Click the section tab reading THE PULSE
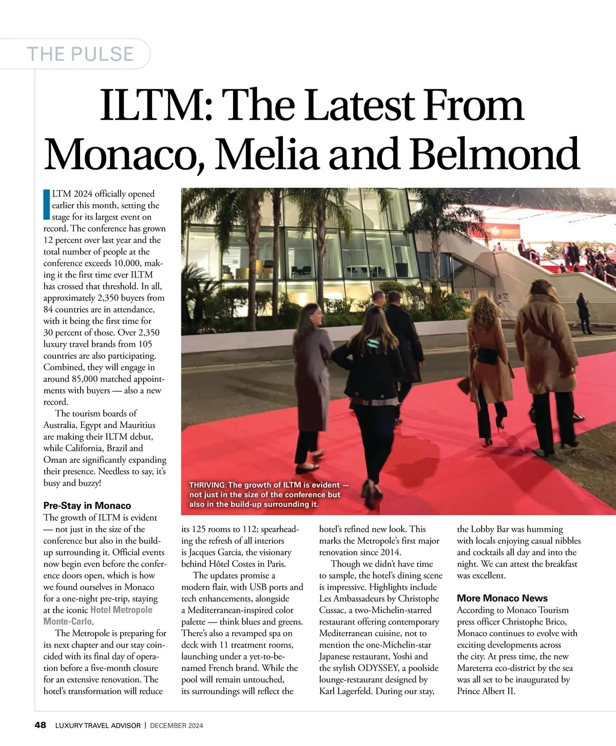tap(80, 54)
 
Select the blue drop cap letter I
tap(47, 205)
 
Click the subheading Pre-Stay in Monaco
tap(87, 506)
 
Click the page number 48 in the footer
tap(40, 725)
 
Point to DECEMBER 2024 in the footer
tap(176, 725)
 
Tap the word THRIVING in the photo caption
tap(207, 485)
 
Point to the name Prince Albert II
tap(486, 691)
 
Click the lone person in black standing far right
tap(584, 312)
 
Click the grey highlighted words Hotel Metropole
tap(121, 610)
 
